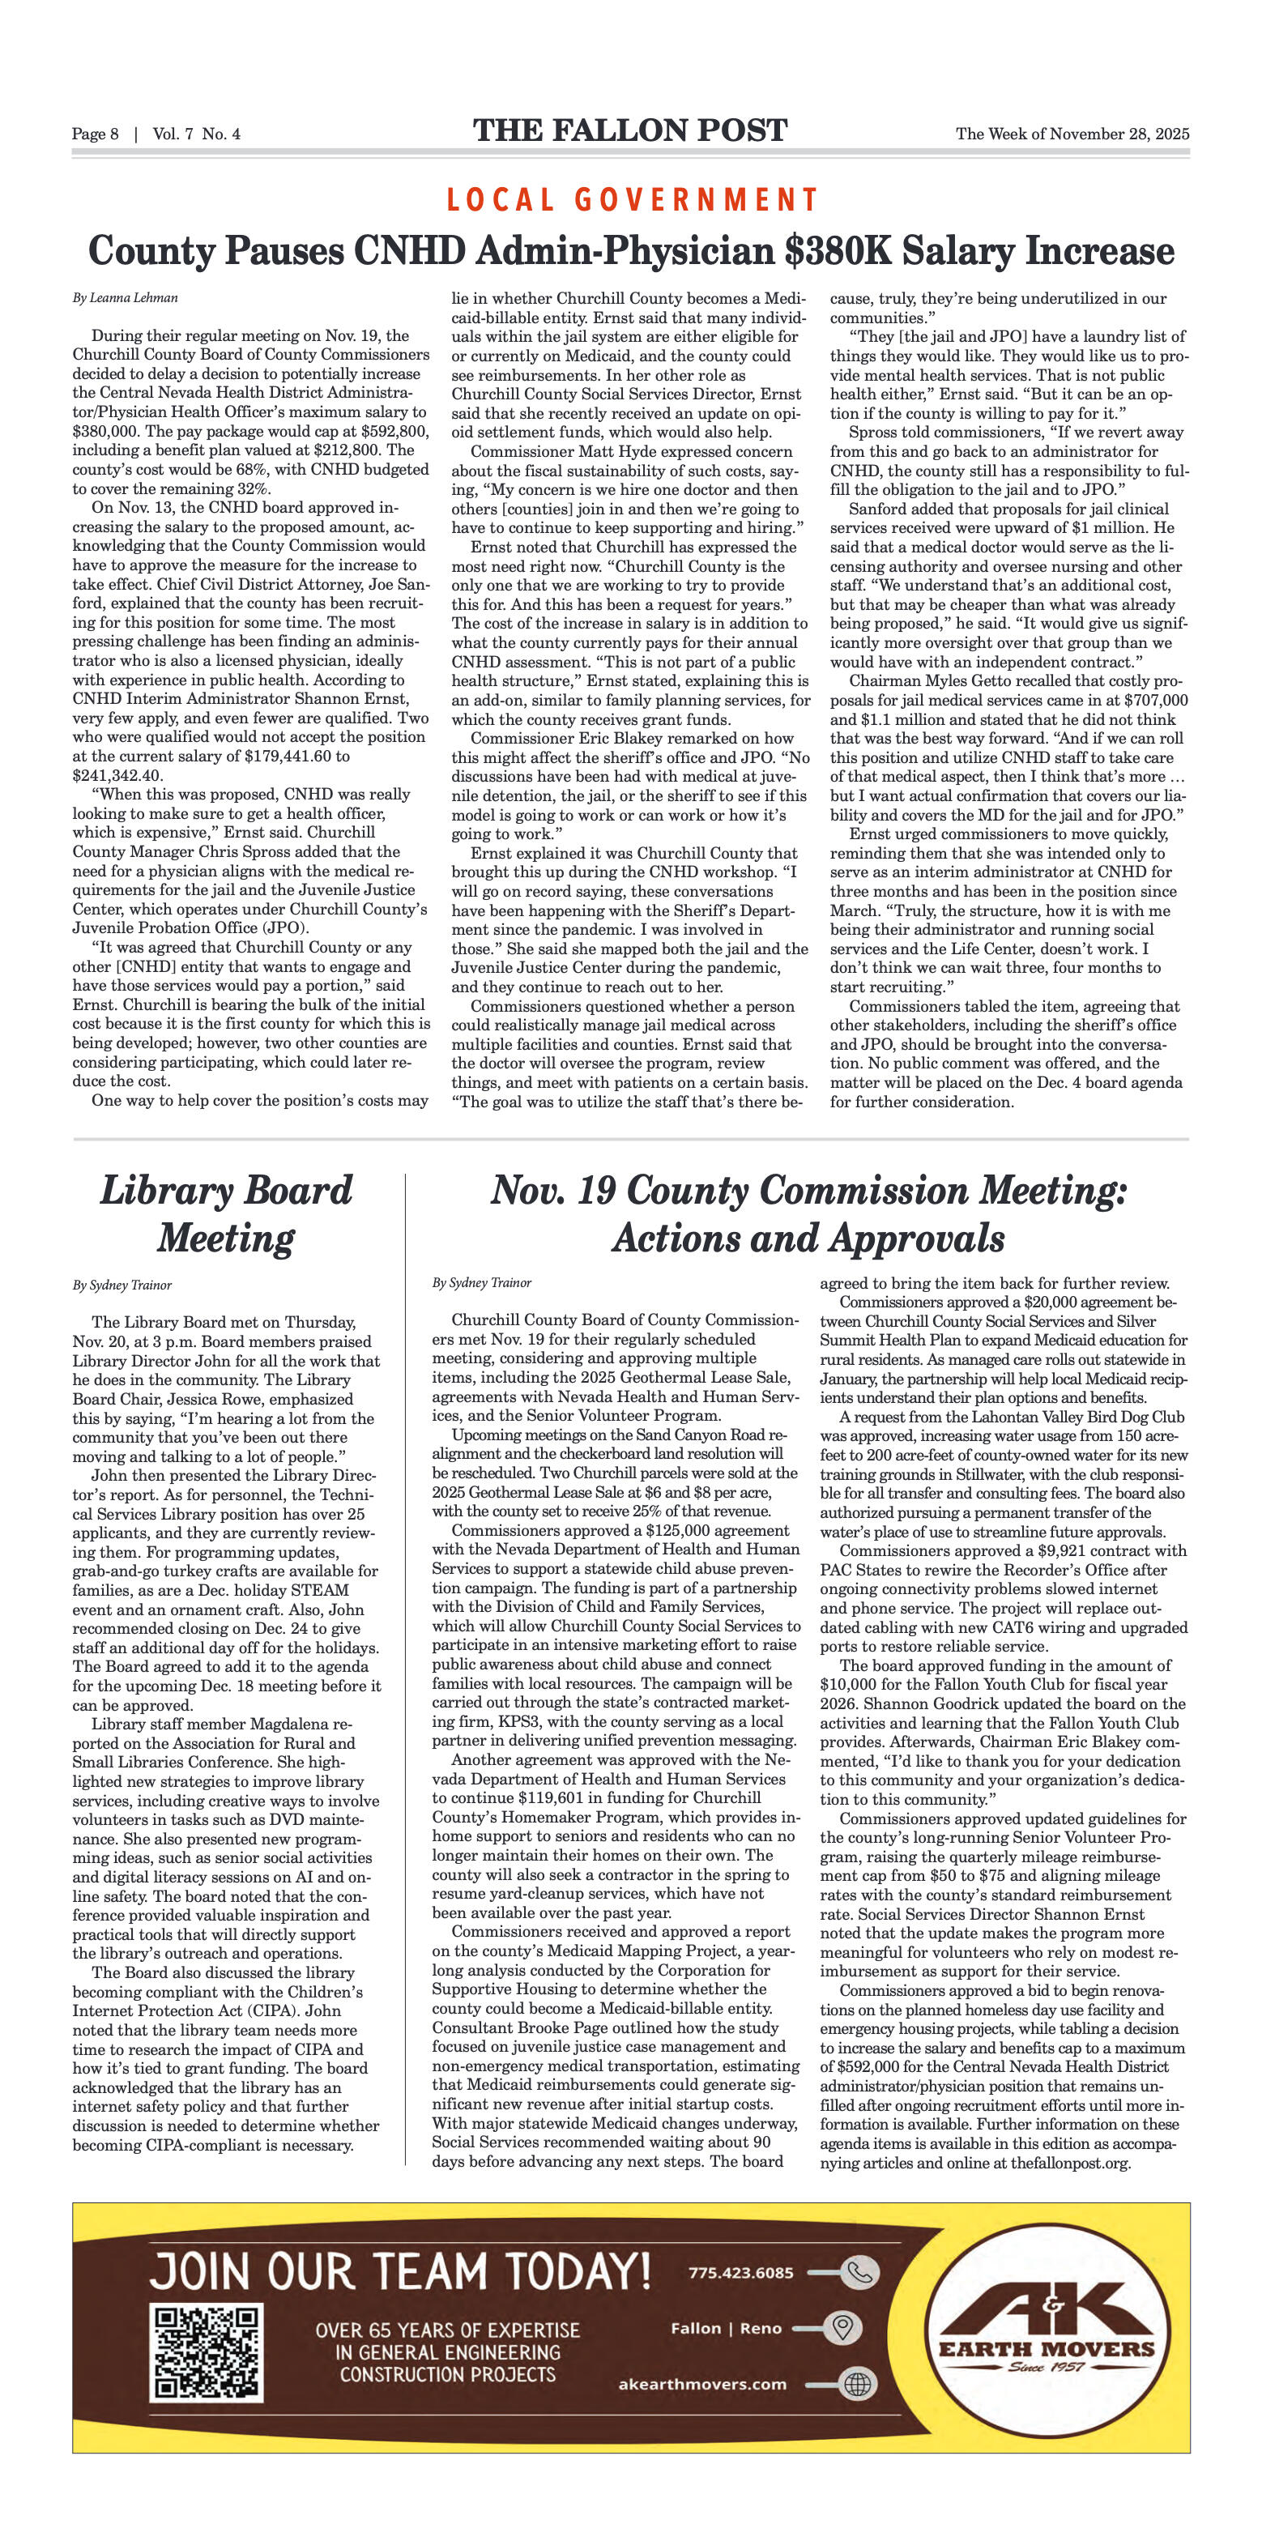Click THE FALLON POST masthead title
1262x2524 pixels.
pos(630,130)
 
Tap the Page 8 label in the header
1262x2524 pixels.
pos(95,134)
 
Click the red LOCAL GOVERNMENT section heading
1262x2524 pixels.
pos(631,200)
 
